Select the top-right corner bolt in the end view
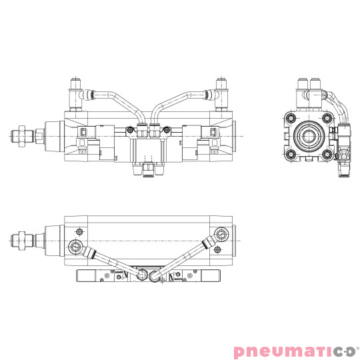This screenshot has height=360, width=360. pos(327,119)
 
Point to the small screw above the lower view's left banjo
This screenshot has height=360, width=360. pos(80,231)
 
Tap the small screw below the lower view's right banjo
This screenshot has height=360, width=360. pos(217,253)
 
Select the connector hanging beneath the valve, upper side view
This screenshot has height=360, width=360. pos(149,171)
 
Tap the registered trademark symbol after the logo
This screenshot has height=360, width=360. pos(357,346)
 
